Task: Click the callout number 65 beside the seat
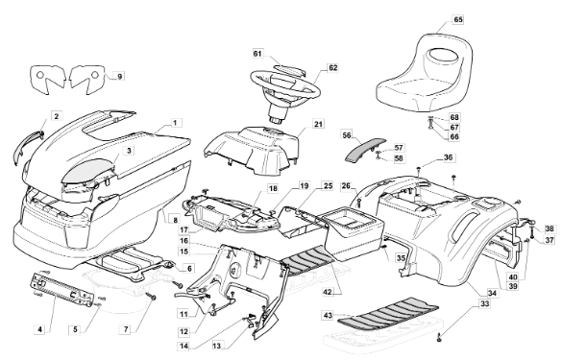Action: click(458, 20)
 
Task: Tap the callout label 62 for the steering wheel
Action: click(333, 68)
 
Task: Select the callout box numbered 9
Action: click(120, 76)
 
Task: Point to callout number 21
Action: click(318, 124)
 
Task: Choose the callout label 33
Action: click(484, 303)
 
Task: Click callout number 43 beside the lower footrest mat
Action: click(328, 315)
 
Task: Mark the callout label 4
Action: click(40, 329)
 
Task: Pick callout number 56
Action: click(347, 135)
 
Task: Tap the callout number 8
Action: click(175, 219)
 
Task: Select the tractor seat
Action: click(424, 72)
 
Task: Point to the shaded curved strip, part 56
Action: click(364, 148)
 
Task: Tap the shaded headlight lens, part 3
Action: click(88, 169)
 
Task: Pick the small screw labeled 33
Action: click(440, 337)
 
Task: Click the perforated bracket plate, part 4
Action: click(61, 289)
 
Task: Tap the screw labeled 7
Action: click(152, 296)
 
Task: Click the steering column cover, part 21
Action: click(251, 151)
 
